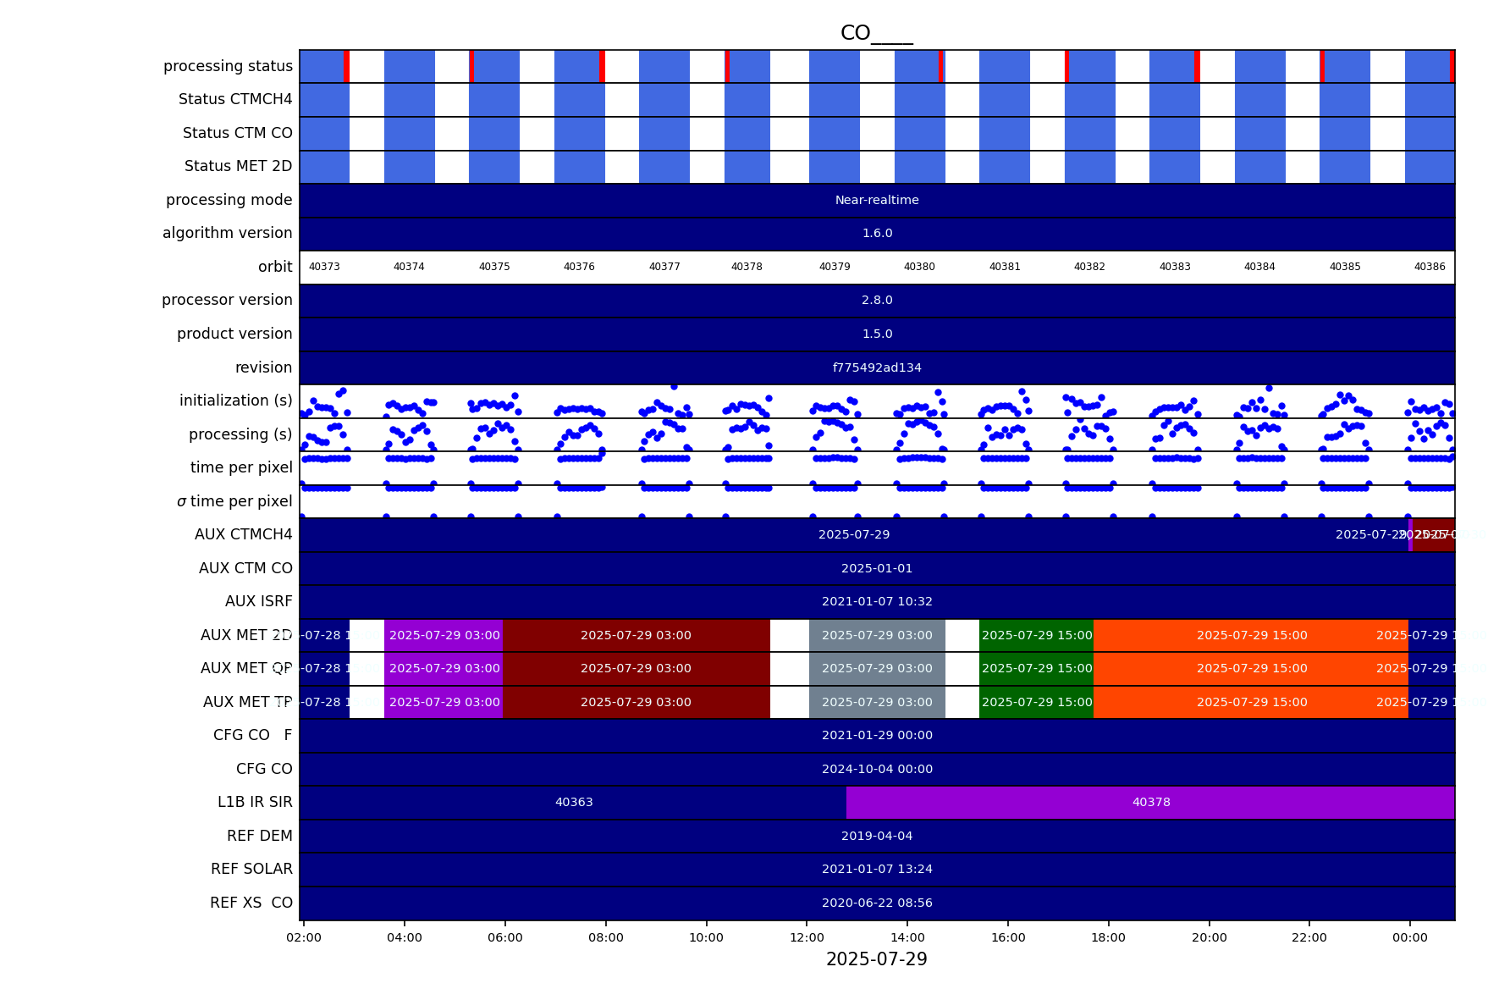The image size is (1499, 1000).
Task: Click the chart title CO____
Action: coord(876,33)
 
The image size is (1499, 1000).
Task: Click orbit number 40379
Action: coord(835,267)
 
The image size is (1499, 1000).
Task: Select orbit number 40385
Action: coord(1345,267)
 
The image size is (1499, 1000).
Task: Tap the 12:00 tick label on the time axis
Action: coord(807,937)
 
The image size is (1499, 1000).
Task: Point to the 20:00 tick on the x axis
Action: coord(1209,937)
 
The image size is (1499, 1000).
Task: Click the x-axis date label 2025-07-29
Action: coord(876,959)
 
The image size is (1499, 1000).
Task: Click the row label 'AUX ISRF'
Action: coord(258,601)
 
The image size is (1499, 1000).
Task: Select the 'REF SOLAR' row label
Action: coord(251,869)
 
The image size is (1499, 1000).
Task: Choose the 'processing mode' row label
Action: coord(229,200)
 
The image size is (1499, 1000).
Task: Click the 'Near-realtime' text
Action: coord(877,200)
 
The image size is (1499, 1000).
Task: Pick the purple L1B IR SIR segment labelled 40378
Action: coord(1151,802)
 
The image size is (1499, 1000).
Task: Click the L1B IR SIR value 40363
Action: coord(574,802)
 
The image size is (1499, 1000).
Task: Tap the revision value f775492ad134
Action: coord(877,367)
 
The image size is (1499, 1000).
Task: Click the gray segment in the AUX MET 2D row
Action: coord(877,635)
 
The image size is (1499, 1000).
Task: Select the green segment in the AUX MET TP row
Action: coord(1036,702)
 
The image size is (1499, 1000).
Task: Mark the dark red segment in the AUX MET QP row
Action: coord(636,668)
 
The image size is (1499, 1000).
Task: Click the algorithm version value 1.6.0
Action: coord(877,233)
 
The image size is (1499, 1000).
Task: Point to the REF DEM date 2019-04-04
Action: coord(877,836)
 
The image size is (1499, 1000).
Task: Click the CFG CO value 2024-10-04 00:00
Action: coord(877,769)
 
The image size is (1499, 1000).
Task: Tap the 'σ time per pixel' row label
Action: coord(234,501)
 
